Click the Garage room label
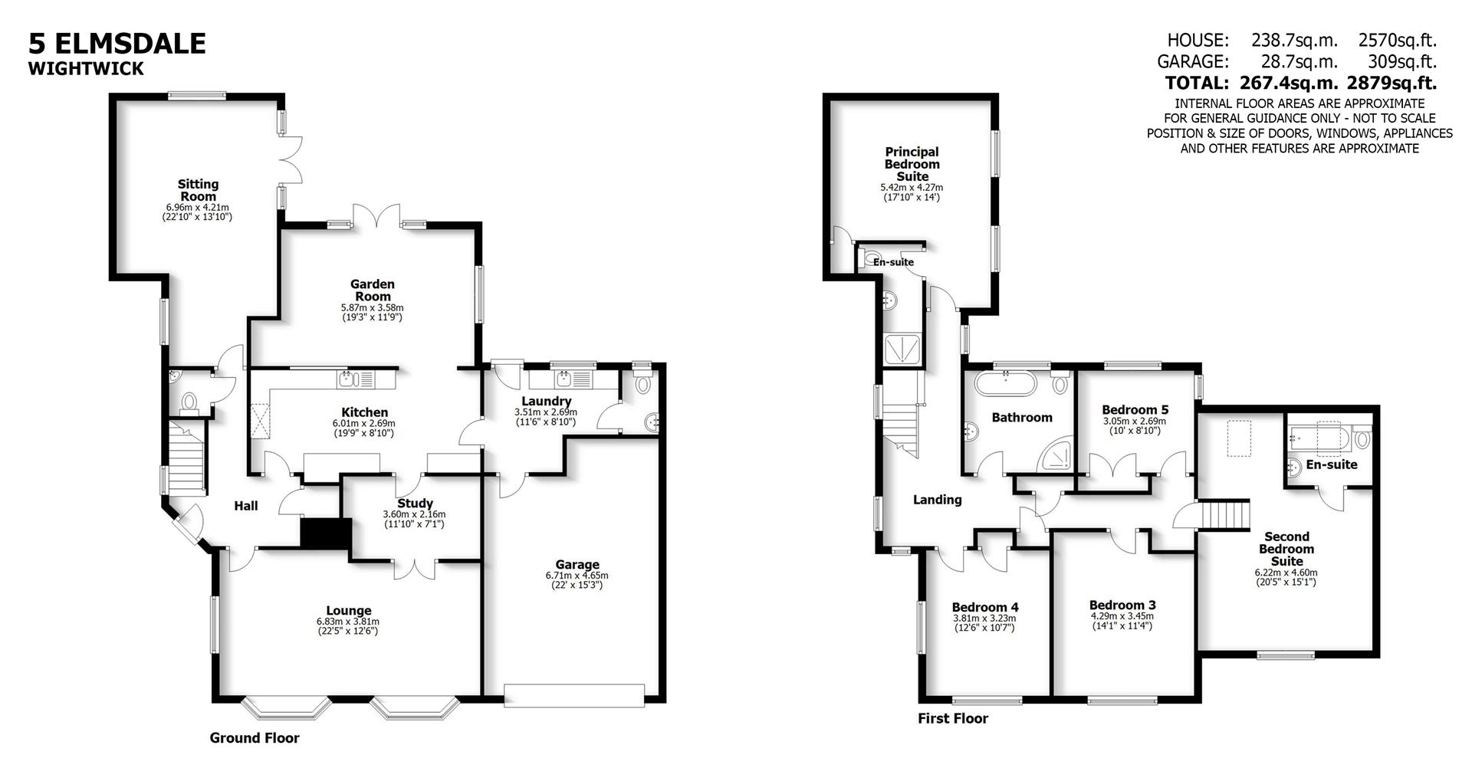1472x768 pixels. (577, 565)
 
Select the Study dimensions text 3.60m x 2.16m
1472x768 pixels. (414, 514)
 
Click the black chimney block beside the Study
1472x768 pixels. (325, 533)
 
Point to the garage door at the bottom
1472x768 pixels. (573, 695)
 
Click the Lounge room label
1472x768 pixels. (348, 611)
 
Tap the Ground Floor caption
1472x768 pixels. (255, 738)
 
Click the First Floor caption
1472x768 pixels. (953, 718)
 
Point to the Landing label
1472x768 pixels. (937, 500)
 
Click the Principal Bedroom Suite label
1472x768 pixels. (912, 164)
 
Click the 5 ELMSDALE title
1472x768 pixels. (117, 43)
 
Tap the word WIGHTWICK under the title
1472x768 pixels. (86, 69)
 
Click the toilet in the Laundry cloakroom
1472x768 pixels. (643, 384)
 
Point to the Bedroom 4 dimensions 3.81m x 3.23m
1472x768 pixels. (984, 619)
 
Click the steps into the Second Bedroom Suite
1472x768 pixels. (1224, 514)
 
